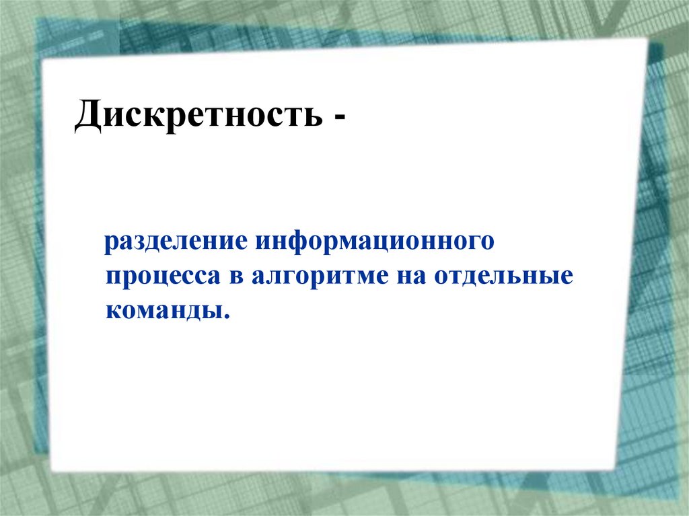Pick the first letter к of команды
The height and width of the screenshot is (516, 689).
click(x=112, y=310)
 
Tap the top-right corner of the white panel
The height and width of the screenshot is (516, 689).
click(x=646, y=38)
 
